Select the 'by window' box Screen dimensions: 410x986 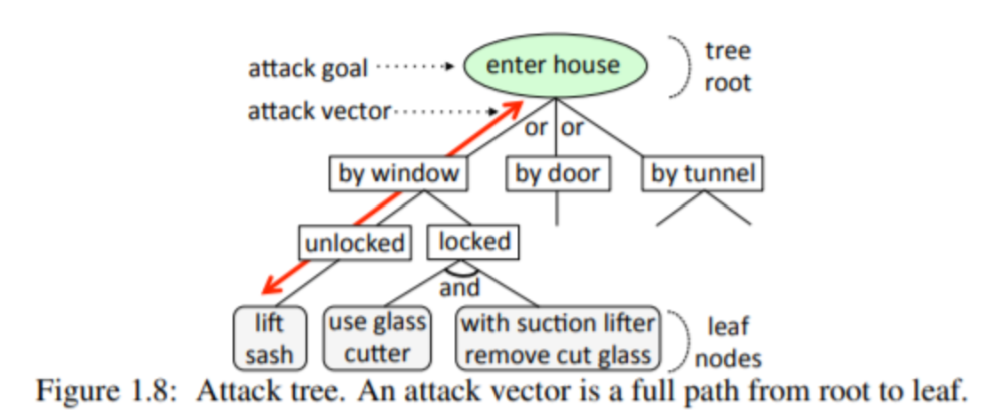tap(399, 173)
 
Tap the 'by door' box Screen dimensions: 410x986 tap(558, 173)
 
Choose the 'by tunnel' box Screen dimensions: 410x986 tap(703, 173)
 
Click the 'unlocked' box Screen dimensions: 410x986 tap(355, 241)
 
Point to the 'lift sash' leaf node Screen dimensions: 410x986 tap(270, 337)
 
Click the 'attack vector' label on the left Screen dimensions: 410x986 tap(317, 112)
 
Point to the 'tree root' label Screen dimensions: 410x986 tap(728, 67)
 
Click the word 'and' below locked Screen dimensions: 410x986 tap(459, 287)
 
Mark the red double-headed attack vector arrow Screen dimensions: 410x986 tap(391, 200)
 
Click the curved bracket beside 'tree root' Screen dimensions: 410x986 tap(681, 66)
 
